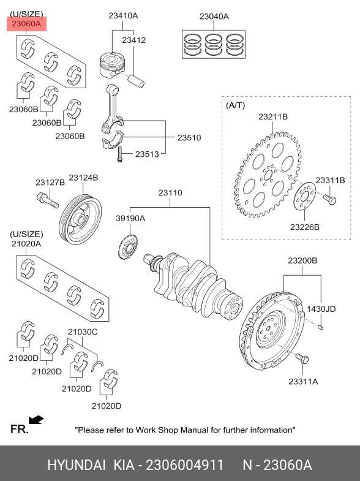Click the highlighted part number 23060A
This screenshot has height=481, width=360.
(26, 24)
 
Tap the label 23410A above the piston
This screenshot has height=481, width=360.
(123, 16)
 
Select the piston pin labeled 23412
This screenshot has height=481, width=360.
(136, 81)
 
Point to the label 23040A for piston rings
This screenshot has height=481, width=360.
(214, 17)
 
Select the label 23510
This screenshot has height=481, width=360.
(189, 138)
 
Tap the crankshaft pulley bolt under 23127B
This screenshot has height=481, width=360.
(48, 200)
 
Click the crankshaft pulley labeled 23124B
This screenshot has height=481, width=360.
(80, 219)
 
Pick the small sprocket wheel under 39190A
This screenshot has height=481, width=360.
(128, 247)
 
